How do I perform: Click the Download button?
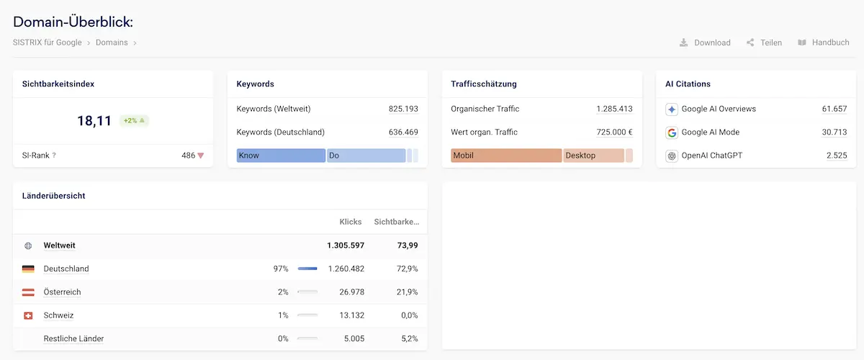point(705,42)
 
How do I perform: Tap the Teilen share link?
point(764,42)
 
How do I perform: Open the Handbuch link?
point(824,42)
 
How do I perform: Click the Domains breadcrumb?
point(112,42)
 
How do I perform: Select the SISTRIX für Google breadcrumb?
point(47,42)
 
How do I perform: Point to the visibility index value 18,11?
point(94,121)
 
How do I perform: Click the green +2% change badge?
point(134,120)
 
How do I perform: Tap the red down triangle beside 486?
point(201,156)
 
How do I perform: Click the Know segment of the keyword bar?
point(281,156)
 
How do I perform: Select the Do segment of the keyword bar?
point(366,156)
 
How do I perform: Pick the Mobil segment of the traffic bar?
point(506,156)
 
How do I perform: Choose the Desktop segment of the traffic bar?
point(593,156)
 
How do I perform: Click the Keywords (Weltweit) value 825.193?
point(403,109)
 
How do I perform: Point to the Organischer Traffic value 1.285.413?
point(614,109)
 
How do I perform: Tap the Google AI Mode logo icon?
point(672,132)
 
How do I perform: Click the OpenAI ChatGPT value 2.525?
point(837,156)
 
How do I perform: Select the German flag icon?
point(28,269)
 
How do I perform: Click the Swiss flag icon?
point(28,315)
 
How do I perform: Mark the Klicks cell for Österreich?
point(352,292)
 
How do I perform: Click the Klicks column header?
point(350,222)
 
